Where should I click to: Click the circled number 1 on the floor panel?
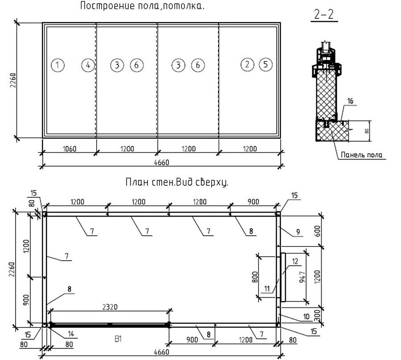click(57, 65)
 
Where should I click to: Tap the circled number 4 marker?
click(88, 65)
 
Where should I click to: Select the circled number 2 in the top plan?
click(247, 65)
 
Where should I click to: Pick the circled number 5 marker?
click(266, 65)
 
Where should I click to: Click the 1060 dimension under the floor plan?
click(70, 148)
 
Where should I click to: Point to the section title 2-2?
click(324, 15)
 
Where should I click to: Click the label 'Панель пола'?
click(362, 155)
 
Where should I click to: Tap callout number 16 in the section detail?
click(350, 101)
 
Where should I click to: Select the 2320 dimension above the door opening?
click(110, 307)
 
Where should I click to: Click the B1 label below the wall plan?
click(118, 339)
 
